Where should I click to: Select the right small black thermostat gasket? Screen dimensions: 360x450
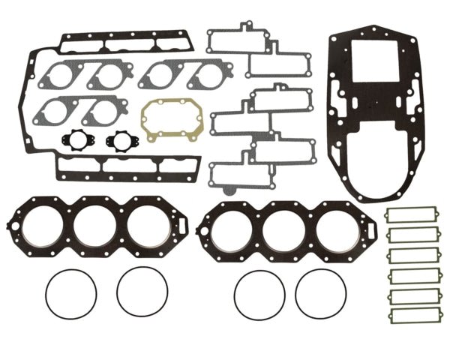(x=118, y=140)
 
